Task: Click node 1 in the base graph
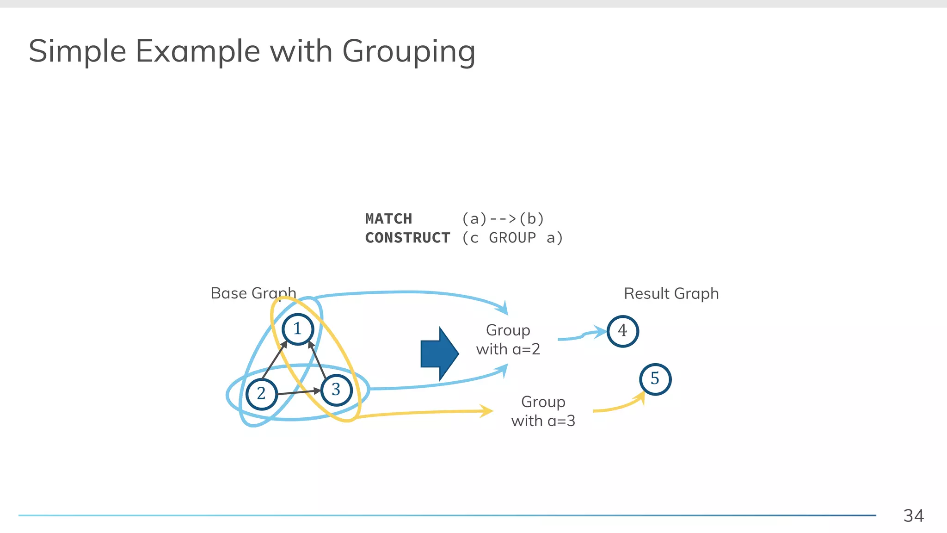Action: pyautogui.click(x=298, y=329)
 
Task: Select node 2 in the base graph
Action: pyautogui.click(x=262, y=394)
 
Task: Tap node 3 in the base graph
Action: pyautogui.click(x=336, y=390)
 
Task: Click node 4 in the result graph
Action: pyautogui.click(x=622, y=331)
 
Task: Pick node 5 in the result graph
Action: pyautogui.click(x=655, y=379)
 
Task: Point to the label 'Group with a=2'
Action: pyautogui.click(x=508, y=340)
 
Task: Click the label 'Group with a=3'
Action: pyautogui.click(x=543, y=411)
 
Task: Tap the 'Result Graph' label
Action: pyautogui.click(x=671, y=293)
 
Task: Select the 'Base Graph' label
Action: pyautogui.click(x=253, y=293)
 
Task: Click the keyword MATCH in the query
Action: pyautogui.click(x=388, y=218)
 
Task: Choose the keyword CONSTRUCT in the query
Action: pyautogui.click(x=407, y=238)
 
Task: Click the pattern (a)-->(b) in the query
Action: pyautogui.click(x=503, y=218)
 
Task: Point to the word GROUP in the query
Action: pyautogui.click(x=512, y=238)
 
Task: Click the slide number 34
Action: pyautogui.click(x=913, y=515)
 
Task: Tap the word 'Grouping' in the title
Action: pyautogui.click(x=409, y=52)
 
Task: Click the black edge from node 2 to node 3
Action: pyautogui.click(x=299, y=392)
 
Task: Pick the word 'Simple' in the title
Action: pyautogui.click(x=77, y=52)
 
